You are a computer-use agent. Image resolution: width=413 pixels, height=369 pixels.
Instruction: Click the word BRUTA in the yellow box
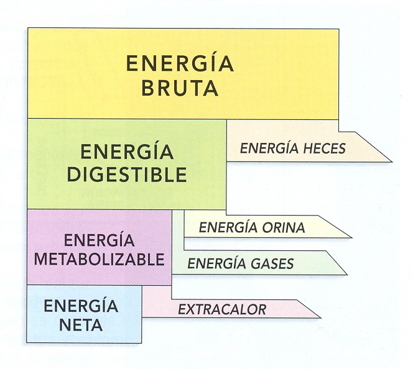180,88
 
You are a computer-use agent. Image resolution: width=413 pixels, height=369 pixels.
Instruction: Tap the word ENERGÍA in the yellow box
180,63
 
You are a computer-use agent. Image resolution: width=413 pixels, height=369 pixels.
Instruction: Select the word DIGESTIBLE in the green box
127,175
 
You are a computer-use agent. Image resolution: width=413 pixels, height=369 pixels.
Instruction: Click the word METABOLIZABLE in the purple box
99,259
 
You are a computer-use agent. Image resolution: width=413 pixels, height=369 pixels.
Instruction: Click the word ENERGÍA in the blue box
82,306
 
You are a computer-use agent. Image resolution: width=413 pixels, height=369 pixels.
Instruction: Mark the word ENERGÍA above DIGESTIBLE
127,152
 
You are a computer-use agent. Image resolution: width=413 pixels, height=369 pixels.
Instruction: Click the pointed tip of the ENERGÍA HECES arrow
391,161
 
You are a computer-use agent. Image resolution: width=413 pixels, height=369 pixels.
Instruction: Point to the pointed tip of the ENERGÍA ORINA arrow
351,237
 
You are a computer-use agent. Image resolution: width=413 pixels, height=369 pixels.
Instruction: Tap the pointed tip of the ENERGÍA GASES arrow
346,274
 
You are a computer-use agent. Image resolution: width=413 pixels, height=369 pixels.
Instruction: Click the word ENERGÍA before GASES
214,264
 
